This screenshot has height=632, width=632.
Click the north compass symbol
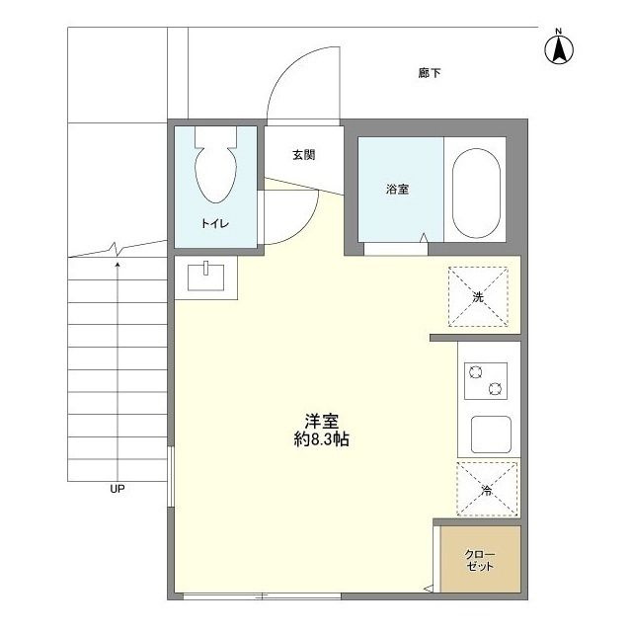tap(559, 50)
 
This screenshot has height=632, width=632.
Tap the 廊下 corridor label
tap(430, 73)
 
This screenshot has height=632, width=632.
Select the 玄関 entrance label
tap(303, 155)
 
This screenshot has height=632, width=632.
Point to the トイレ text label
tap(215, 223)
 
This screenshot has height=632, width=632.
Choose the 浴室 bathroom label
tap(397, 189)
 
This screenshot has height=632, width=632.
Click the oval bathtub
tap(476, 194)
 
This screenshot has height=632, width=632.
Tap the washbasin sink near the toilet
tap(206, 277)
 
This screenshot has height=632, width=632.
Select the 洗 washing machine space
tap(478, 296)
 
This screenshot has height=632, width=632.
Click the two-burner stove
tap(486, 381)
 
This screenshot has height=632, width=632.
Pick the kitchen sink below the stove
tap(491, 434)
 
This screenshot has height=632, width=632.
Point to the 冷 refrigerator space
tap(487, 490)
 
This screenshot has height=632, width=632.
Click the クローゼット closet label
tap(480, 560)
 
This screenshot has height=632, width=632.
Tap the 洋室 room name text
tap(321, 422)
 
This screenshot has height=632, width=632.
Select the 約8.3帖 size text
tap(321, 439)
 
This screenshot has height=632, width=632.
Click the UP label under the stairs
tap(118, 489)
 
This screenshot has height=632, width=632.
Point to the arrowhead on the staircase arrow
tap(118, 265)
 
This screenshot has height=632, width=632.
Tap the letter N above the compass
tap(559, 31)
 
